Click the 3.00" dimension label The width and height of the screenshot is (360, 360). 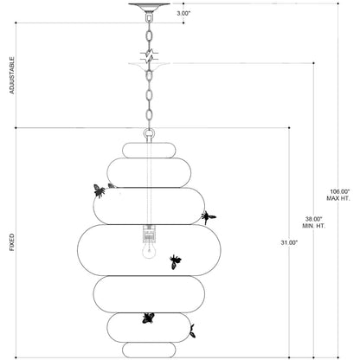[183, 13]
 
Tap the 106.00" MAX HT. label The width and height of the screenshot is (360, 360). [338, 195]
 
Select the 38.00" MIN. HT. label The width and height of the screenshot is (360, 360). [313, 222]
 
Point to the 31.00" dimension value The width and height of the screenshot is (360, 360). [289, 243]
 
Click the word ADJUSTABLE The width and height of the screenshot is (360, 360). [12, 75]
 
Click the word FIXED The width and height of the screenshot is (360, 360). [12, 242]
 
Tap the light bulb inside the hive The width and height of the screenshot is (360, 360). [149, 250]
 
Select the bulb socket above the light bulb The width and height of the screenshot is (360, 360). [149, 233]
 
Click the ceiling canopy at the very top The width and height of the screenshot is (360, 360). [149, 7]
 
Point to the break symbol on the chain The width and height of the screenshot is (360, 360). [149, 56]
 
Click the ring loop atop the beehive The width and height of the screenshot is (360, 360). [149, 134]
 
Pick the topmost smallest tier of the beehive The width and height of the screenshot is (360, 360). [149, 150]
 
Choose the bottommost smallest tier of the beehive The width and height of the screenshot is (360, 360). [149, 350]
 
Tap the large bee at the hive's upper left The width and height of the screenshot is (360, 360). [99, 190]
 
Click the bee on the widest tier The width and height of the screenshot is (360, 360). [175, 261]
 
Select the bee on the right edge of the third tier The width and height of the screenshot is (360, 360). [209, 217]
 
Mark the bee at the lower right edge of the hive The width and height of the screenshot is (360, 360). [192, 331]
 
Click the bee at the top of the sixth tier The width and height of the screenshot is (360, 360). [148, 318]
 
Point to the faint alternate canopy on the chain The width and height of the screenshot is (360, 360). [149, 67]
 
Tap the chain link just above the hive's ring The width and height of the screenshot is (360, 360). [149, 115]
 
